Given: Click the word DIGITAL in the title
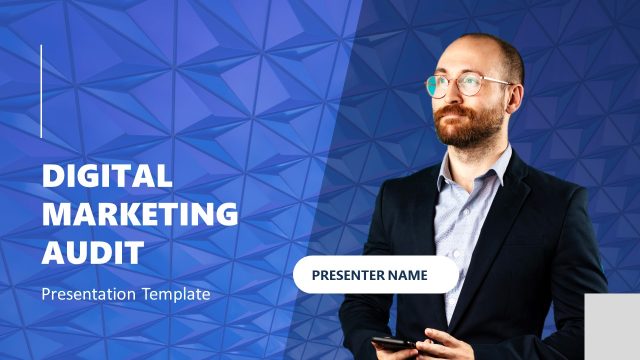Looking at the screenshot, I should tap(107, 176).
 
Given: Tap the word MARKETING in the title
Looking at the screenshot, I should tap(140, 213).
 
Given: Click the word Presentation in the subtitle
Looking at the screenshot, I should tap(91, 294).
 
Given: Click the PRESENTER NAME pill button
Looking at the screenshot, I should tap(376, 274).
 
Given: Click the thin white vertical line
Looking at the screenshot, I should tap(41, 91).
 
